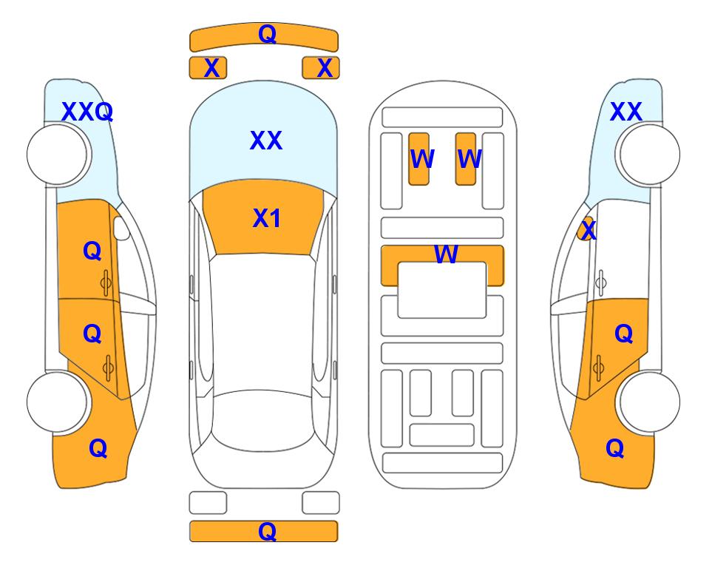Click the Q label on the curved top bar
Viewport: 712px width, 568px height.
coord(267,33)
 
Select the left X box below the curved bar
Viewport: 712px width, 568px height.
coord(208,68)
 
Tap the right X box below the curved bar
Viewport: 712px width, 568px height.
coord(321,68)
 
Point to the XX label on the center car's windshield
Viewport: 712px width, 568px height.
coord(266,141)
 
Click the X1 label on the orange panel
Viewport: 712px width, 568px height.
coord(267,218)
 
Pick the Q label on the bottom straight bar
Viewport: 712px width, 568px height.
coord(267,531)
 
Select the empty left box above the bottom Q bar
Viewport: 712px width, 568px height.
coord(208,503)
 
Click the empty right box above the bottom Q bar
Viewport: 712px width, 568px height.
coord(321,503)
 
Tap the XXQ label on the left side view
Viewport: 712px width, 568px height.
coord(87,112)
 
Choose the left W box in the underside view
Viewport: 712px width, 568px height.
coord(418,159)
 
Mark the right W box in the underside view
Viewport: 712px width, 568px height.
coord(466,159)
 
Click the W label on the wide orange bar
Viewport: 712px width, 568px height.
coord(446,254)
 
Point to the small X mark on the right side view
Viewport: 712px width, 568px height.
coord(589,229)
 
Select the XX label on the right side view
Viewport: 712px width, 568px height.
coord(625,112)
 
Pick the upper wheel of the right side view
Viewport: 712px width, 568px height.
coord(650,155)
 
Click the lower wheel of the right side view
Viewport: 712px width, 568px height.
coord(650,402)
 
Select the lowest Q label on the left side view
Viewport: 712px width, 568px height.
coord(98,448)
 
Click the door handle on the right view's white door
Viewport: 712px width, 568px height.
coord(601,283)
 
